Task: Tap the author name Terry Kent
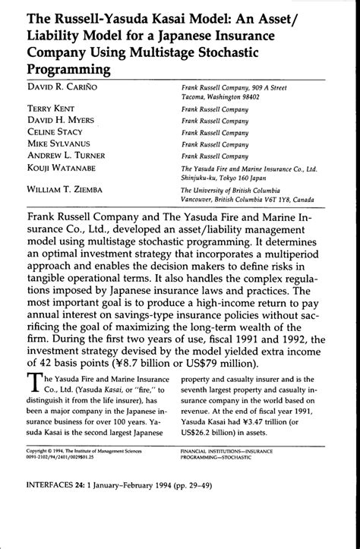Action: (x=43, y=109)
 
